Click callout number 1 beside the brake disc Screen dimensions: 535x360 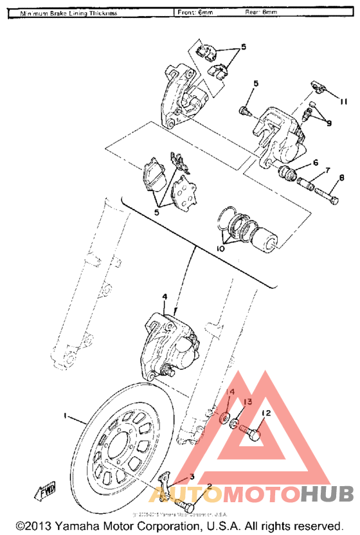65,416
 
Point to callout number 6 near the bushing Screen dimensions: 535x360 316,163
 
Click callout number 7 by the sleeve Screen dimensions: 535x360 327,170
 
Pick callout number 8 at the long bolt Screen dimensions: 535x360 341,177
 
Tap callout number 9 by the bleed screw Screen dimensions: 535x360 329,123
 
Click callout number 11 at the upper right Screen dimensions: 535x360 343,102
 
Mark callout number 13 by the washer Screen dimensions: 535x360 248,403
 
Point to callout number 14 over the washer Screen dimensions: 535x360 232,392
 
